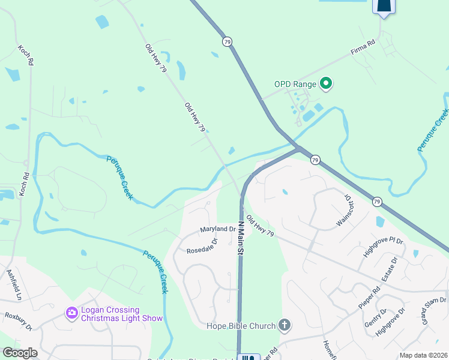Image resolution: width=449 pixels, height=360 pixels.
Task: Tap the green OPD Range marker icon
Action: point(326,84)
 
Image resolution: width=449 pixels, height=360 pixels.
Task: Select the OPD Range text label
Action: point(295,84)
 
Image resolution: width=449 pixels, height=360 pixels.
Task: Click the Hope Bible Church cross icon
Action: point(285,326)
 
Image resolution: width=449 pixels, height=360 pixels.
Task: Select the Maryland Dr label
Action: point(217,229)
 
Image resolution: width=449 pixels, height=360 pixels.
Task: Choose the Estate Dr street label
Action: point(391,269)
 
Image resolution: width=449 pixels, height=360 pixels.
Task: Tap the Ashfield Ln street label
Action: point(14,285)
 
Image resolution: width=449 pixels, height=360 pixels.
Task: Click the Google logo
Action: point(20,353)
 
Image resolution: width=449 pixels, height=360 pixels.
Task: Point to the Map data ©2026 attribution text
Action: point(424,355)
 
